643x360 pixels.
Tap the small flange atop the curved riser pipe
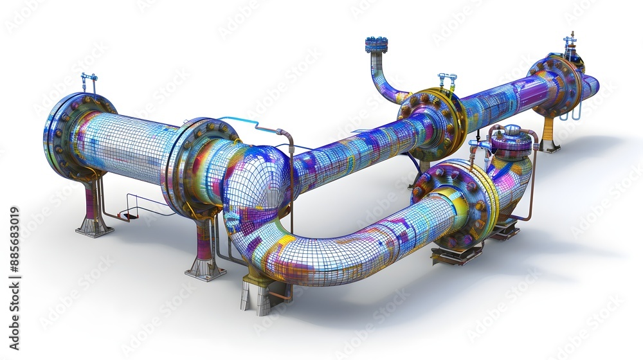(376, 44)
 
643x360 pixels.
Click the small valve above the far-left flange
(89, 82)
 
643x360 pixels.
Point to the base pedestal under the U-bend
(257, 296)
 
